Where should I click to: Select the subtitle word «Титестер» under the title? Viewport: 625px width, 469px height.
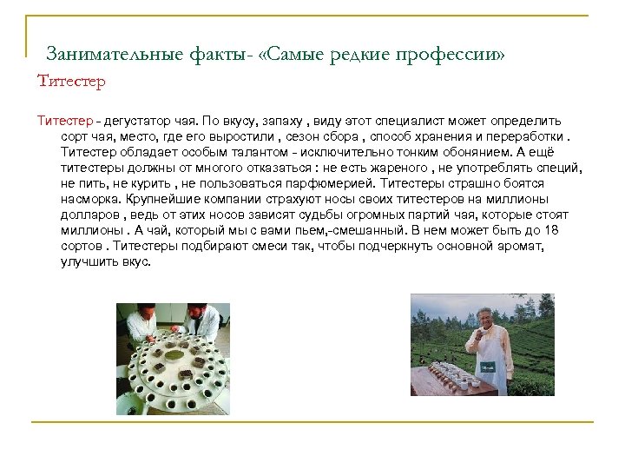coord(71,83)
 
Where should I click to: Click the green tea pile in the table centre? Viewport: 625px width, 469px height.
coord(174,355)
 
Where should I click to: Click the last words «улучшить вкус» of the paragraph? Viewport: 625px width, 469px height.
coord(106,261)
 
